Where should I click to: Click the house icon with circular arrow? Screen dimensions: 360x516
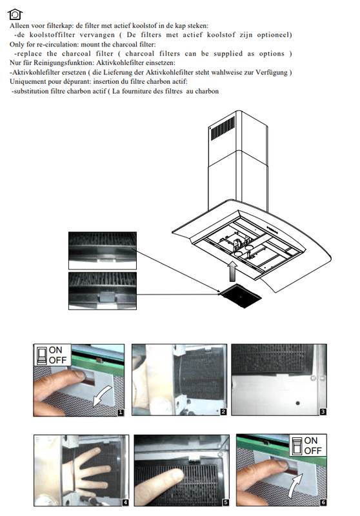pos(15,14)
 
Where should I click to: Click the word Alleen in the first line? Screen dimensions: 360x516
pos(19,25)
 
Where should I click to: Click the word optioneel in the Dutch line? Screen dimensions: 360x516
pos(274,35)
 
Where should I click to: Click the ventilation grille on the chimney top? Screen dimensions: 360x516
pos(223,128)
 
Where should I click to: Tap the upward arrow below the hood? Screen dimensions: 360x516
pos(233,272)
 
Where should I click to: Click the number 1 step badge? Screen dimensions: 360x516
pos(121,412)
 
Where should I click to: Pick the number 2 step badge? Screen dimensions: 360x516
pos(223,412)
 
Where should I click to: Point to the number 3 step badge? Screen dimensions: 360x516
pos(323,412)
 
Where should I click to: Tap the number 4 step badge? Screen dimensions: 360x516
pos(125,502)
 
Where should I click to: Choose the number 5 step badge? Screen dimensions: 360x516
pos(225,502)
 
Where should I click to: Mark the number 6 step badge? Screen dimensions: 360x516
pos(323,502)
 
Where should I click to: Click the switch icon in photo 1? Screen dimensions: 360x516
pos(41,355)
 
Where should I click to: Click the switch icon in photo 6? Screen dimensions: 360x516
pos(297,446)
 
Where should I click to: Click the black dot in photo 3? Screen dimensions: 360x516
pos(297,403)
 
